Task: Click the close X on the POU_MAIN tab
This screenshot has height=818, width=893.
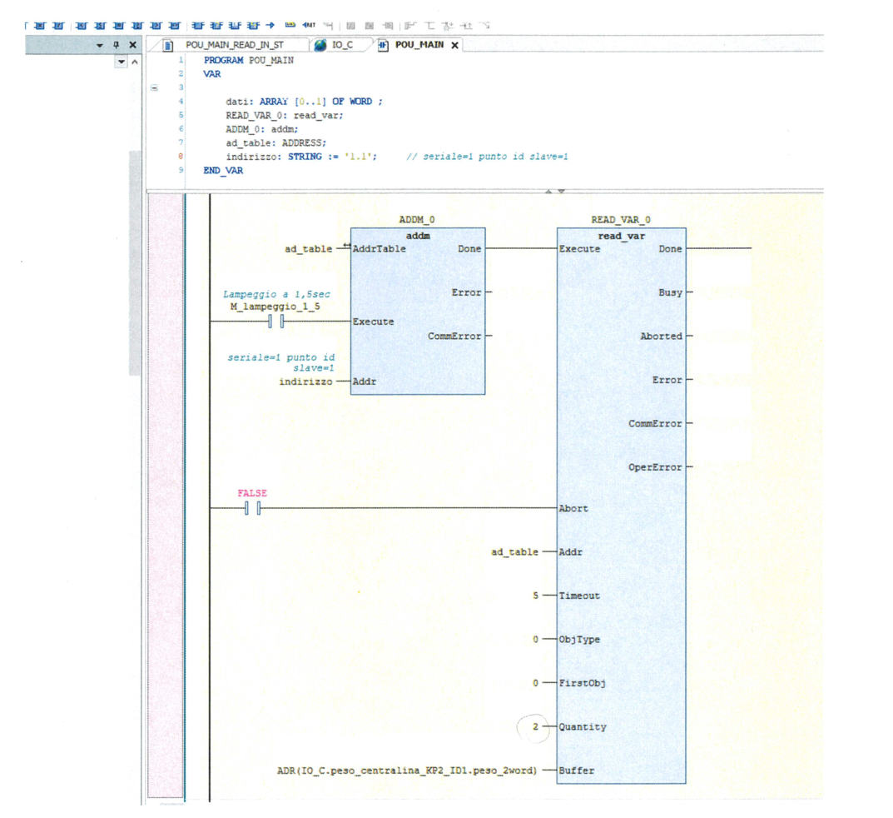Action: pos(454,46)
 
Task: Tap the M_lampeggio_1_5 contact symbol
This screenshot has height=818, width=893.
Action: pos(276,322)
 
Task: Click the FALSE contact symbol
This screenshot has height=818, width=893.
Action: pos(252,508)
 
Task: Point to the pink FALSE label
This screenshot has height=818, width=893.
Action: pos(252,493)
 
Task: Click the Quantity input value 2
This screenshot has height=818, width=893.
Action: pos(535,727)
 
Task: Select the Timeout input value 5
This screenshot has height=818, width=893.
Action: pos(535,596)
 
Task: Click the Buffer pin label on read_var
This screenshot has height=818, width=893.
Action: pos(577,771)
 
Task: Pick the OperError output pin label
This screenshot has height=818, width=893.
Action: pos(655,467)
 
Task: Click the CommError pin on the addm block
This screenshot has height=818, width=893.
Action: pos(454,337)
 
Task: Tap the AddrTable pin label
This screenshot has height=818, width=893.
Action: pos(380,249)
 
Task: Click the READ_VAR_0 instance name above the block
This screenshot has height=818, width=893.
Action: pos(621,220)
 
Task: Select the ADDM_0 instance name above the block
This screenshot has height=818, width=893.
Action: pos(417,220)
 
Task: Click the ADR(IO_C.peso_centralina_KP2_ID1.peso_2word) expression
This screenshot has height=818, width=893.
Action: pos(407,771)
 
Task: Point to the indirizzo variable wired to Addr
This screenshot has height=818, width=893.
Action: pos(305,382)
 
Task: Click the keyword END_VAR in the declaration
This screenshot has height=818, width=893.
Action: pos(223,171)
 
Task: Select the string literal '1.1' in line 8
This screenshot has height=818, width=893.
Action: pos(359,157)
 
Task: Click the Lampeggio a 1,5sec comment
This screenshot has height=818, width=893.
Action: pos(276,294)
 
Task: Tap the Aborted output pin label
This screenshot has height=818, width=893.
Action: pos(661,337)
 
